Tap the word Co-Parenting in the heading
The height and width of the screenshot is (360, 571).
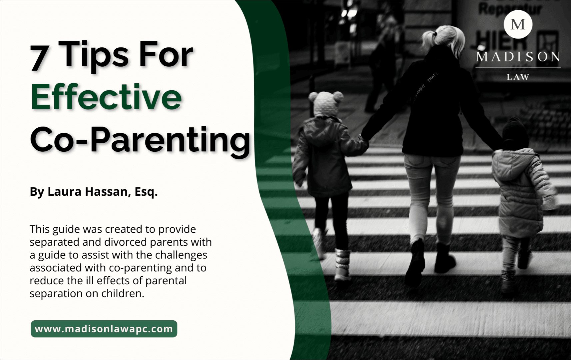pos(140,140)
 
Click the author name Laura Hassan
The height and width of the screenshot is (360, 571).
pos(89,192)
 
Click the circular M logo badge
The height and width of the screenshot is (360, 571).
pos(518,24)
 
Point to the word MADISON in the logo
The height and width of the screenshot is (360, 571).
pos(518,57)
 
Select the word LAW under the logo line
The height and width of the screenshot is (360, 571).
pos(518,77)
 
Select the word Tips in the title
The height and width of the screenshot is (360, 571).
pos(95,55)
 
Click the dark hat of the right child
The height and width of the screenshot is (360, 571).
pos(515,133)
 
